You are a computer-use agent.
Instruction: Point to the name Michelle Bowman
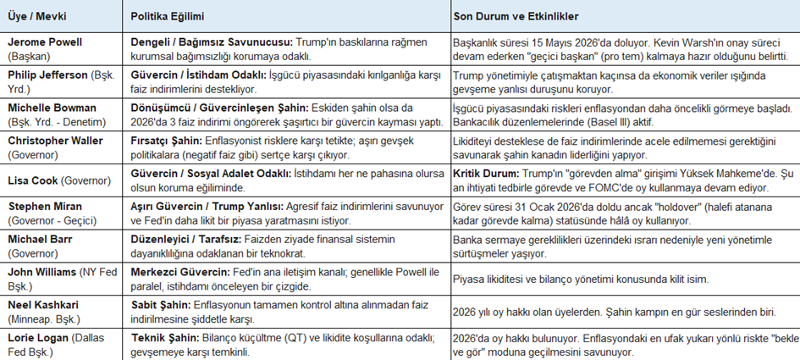[48, 108]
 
